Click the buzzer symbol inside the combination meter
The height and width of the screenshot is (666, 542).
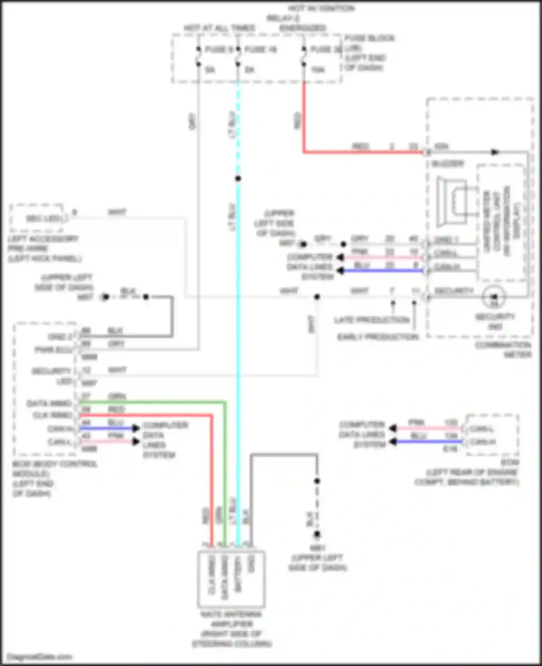click(x=452, y=202)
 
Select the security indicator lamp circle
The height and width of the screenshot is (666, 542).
click(x=494, y=297)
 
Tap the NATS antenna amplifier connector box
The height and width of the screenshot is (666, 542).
click(x=231, y=579)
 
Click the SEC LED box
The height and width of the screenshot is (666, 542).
click(x=38, y=218)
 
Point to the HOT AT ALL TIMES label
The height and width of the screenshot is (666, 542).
click(x=219, y=28)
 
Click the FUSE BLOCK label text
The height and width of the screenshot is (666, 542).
click(x=369, y=38)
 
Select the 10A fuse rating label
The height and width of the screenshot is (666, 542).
click(x=318, y=70)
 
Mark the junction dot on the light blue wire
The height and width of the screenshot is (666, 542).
click(x=238, y=179)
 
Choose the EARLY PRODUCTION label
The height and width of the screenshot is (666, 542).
click(x=378, y=337)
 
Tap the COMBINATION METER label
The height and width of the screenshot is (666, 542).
click(x=503, y=350)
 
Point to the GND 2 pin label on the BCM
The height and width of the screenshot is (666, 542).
click(x=60, y=337)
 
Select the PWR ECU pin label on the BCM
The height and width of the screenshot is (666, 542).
click(x=53, y=350)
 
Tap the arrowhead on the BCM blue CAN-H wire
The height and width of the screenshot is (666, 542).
click(x=136, y=428)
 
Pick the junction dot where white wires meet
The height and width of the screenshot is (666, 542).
click(x=317, y=297)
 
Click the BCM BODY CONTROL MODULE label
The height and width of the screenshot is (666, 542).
click(x=55, y=464)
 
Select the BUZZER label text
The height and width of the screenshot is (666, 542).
click(x=448, y=164)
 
